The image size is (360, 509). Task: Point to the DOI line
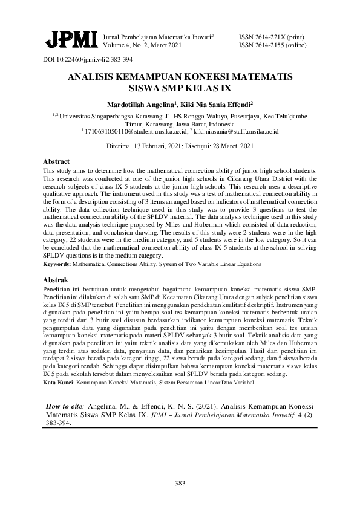(x=88, y=60)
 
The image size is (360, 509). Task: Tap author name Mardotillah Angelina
(x=140, y=104)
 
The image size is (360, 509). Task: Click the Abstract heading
(x=56, y=162)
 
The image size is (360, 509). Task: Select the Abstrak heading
(x=56, y=280)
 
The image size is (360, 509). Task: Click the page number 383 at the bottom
(x=180, y=482)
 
